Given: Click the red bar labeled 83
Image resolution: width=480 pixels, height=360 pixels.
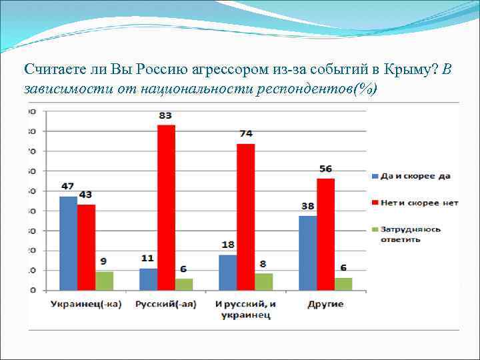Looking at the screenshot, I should click(x=166, y=207).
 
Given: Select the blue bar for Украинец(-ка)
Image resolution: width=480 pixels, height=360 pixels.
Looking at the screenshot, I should click(x=68, y=243).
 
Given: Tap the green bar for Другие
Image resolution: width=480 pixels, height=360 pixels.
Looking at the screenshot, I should click(x=343, y=283).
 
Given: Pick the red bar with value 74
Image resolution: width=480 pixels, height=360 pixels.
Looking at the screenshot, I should click(x=246, y=217).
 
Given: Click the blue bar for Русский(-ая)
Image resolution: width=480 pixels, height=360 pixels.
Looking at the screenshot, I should click(x=148, y=279).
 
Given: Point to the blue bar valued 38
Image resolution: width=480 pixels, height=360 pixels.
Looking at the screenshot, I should click(x=308, y=253).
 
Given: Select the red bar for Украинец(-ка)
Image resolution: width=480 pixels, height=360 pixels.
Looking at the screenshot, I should click(x=86, y=247).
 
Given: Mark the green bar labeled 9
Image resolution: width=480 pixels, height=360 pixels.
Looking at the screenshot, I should click(x=104, y=280).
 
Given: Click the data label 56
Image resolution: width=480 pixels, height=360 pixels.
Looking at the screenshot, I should click(x=325, y=169).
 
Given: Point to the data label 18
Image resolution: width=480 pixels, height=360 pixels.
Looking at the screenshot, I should click(x=228, y=245).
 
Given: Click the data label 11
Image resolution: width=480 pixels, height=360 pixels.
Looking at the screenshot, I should click(x=147, y=259).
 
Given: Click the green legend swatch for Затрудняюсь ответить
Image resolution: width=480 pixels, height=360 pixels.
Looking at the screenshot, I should click(x=374, y=229).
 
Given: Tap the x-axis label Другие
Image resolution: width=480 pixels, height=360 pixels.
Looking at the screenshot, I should click(x=325, y=305).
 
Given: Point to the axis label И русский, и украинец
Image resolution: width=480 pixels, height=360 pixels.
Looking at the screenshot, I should click(x=246, y=310).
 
